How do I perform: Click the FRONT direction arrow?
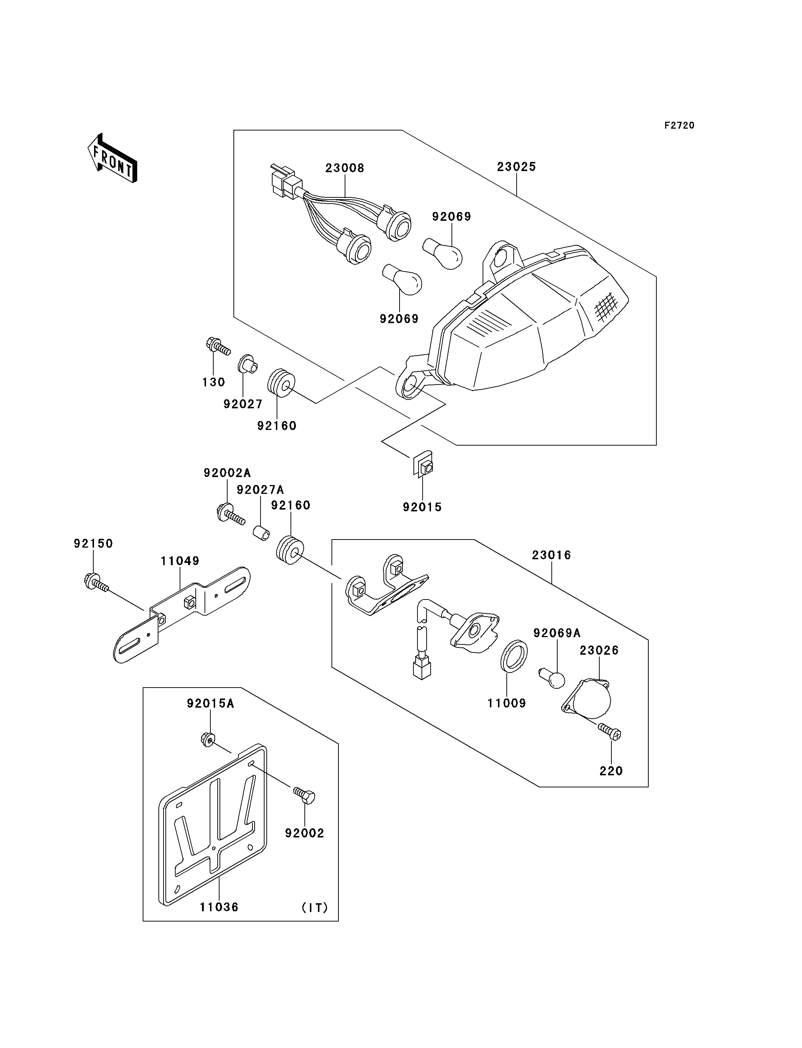[x=113, y=159]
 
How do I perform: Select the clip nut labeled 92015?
[x=423, y=465]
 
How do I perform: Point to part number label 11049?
[x=180, y=561]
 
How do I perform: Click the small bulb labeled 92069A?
[x=552, y=678]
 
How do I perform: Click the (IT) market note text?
[x=315, y=907]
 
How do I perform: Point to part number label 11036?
[x=219, y=907]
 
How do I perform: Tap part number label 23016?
[x=551, y=555]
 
